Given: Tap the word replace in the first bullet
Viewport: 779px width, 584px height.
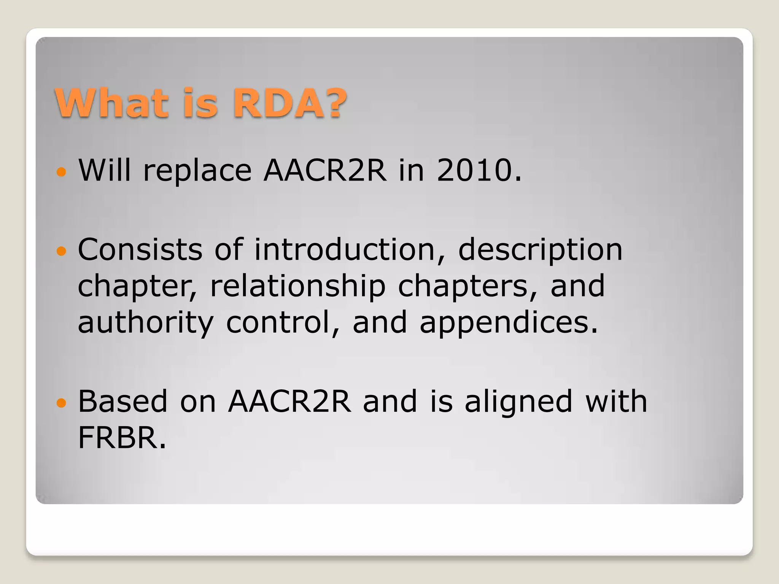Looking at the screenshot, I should [x=197, y=171].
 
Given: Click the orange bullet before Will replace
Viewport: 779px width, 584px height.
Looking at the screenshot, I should [x=61, y=172].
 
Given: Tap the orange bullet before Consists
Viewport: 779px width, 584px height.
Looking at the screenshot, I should [x=61, y=251].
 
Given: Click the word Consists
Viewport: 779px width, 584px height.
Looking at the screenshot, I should [x=140, y=249].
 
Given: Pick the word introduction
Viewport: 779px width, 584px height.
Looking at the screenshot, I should [x=345, y=249].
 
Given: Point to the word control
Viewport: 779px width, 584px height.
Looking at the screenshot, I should [x=278, y=322].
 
